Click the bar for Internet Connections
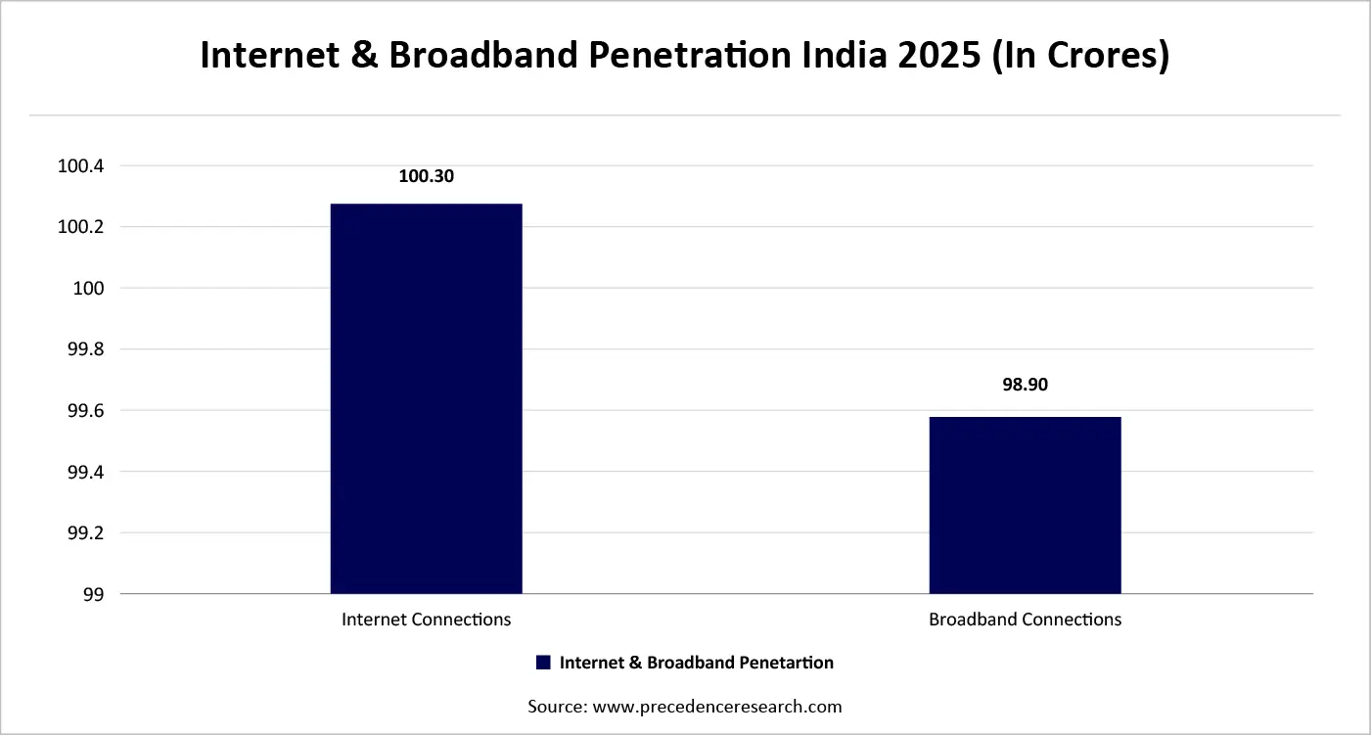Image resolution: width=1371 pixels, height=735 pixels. pos(426,398)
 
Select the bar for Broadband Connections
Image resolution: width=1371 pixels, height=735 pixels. pos(1025,505)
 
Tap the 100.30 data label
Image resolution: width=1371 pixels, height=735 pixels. pos(427,177)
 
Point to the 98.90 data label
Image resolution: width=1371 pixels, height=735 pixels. pos(1025,385)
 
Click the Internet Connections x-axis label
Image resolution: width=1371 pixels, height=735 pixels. pos(426,620)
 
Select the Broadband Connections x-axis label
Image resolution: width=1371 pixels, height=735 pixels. pos(1025,620)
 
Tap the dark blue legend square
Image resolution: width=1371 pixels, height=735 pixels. pos(544,663)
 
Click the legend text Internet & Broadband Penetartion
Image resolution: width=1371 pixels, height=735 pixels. pos(696,663)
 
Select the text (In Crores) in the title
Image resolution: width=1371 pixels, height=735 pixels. pos(1080,56)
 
